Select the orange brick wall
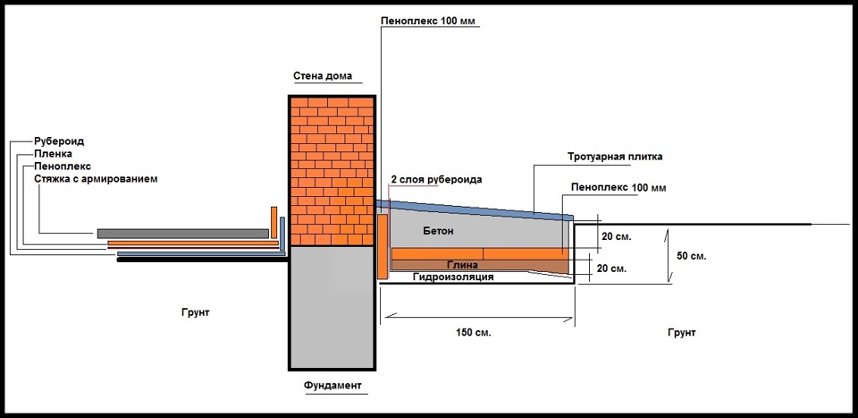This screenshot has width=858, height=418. pos(331,170)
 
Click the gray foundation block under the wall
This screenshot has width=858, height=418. pos(331,304)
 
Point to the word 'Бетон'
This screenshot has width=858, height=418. pos(438,231)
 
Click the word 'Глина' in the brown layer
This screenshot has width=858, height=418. pos(462,266)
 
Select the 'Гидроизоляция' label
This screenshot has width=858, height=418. pos(453,277)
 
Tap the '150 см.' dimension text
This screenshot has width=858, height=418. pos(474,332)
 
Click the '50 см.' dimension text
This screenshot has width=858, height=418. pos(692,256)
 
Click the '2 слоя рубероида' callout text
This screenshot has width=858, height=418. pos(436,180)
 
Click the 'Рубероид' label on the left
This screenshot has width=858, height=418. pos(60,141)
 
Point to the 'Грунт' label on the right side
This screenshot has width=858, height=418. pos(681,332)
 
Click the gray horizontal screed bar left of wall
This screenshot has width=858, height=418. pos(182,234)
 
